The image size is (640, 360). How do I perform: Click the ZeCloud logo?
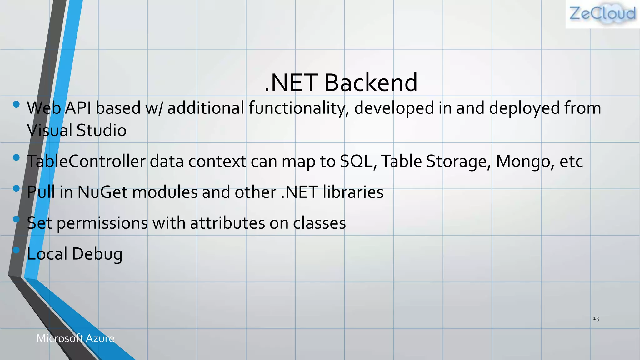pos(602,14)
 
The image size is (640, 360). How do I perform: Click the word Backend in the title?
pos(371,82)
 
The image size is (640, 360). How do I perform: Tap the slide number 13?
pos(596,319)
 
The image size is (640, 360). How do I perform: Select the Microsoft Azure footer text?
pos(75,338)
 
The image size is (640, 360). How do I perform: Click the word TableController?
pos(86,162)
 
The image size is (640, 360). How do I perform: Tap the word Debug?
pos(97,254)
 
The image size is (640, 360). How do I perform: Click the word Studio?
pos(101,130)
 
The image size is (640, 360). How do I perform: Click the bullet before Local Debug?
pos(17,250)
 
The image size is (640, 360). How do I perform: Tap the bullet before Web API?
pos(17,104)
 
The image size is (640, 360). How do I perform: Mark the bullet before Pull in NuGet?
pos(17,188)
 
